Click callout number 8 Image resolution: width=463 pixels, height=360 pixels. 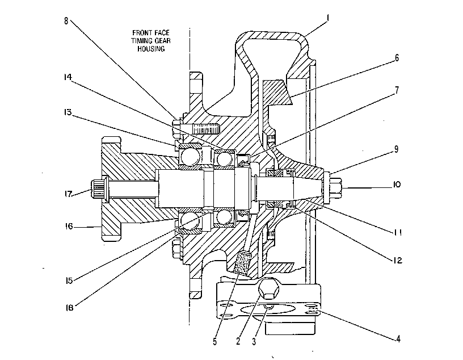click(66, 21)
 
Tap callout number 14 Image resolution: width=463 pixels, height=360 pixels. click(68, 77)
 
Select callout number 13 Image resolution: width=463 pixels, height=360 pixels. click(68, 112)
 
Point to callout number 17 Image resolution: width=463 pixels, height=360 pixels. click(68, 194)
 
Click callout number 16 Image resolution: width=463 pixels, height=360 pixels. click(69, 227)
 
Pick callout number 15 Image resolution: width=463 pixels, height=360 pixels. click(69, 281)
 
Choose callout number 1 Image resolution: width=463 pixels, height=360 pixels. click(327, 18)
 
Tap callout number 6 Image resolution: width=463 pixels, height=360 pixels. click(397, 58)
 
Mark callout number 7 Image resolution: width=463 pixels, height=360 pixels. click(397, 90)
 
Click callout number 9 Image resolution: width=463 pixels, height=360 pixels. click(396, 149)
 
